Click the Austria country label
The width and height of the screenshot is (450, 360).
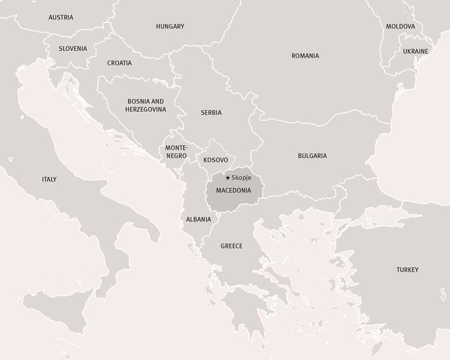(x=61, y=17)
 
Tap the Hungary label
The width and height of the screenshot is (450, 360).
(x=170, y=26)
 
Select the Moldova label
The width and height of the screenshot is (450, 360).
(x=400, y=27)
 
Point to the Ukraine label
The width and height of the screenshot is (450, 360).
(x=415, y=52)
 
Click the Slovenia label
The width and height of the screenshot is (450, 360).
(x=73, y=49)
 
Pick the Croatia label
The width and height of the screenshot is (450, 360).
(x=120, y=63)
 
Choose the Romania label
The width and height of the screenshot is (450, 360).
(x=305, y=56)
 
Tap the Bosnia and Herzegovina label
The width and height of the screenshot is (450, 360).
(x=146, y=105)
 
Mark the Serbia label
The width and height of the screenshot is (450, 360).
(x=211, y=112)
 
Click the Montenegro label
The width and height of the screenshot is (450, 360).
(x=176, y=152)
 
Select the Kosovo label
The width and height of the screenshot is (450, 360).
(x=216, y=160)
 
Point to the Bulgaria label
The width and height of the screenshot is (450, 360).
(x=312, y=156)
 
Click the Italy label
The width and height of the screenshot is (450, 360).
(x=49, y=179)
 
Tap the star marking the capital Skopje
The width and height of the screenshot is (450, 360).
(x=228, y=178)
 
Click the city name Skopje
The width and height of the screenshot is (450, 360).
(x=242, y=178)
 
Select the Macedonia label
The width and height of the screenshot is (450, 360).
(x=233, y=190)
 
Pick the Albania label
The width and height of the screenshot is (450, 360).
(x=198, y=219)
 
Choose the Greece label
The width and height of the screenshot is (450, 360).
(x=232, y=246)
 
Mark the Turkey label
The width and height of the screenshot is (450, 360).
(x=407, y=269)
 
